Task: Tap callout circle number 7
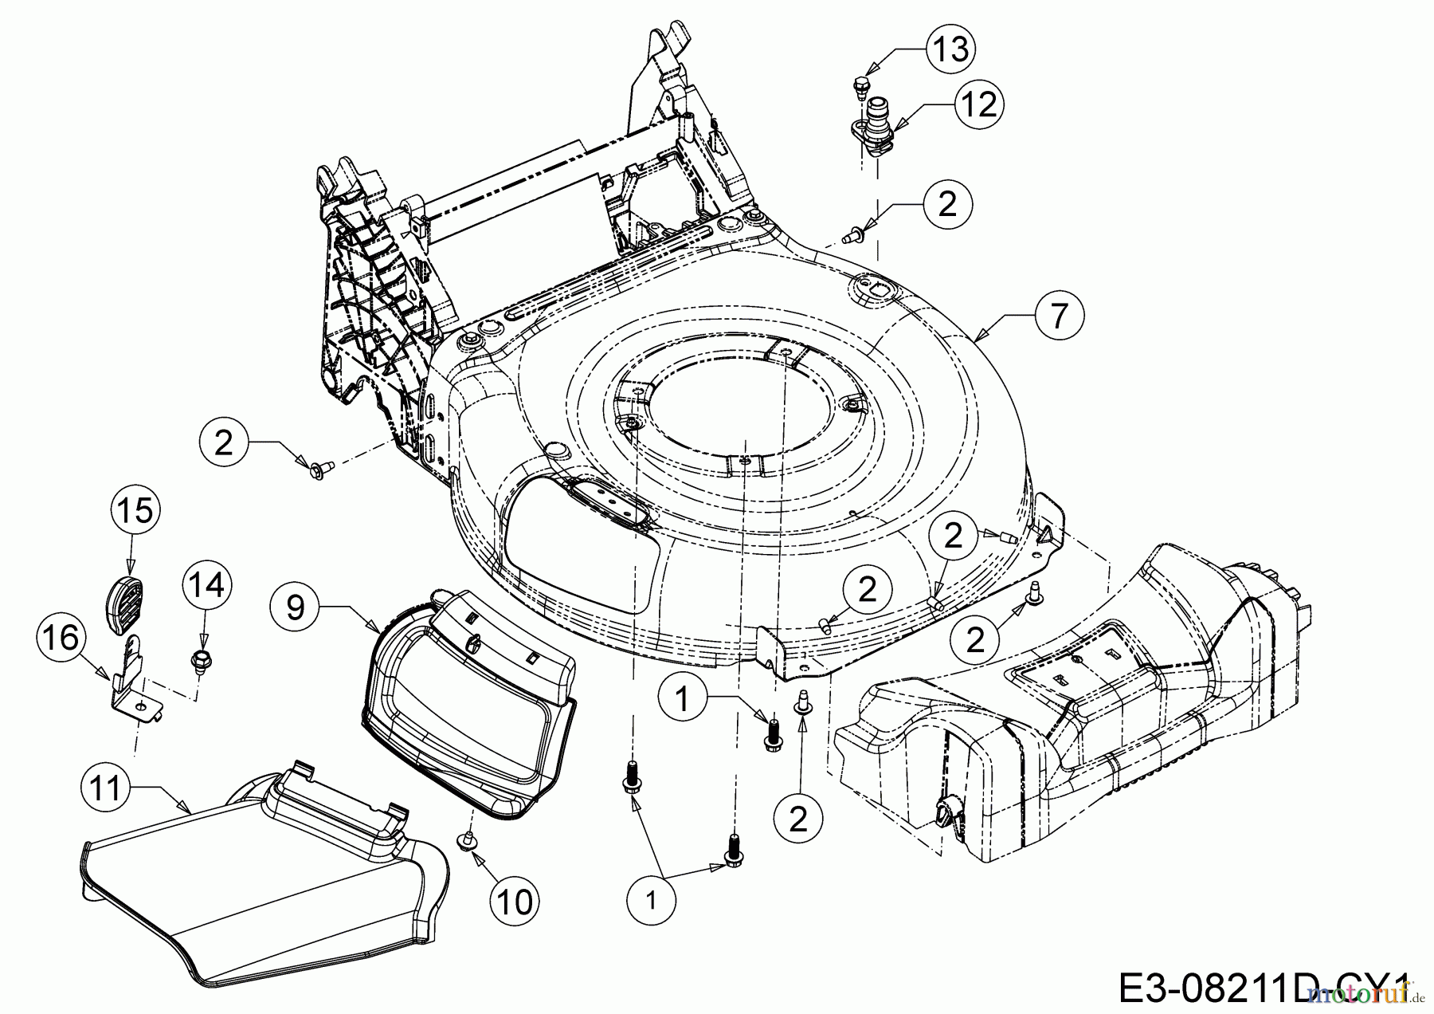(x=1059, y=316)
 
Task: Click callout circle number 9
(x=295, y=607)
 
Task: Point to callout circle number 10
(x=514, y=902)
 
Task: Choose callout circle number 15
(x=135, y=510)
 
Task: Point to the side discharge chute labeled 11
(x=263, y=885)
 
